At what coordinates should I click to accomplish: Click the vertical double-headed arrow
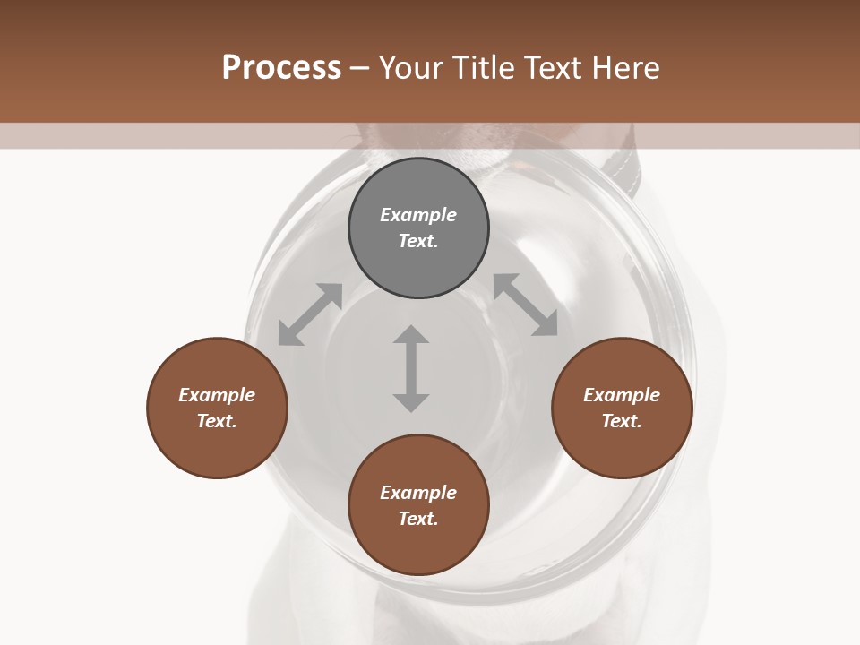pyautogui.click(x=411, y=368)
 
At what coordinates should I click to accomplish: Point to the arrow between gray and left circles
pyautogui.click(x=310, y=314)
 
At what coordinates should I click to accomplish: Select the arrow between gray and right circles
pyautogui.click(x=525, y=305)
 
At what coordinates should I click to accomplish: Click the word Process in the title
pyautogui.click(x=281, y=67)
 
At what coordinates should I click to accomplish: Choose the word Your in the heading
pyautogui.click(x=412, y=67)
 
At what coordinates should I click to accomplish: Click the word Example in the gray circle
pyautogui.click(x=418, y=215)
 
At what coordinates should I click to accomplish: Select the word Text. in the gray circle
pyautogui.click(x=418, y=241)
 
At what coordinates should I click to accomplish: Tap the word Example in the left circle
pyautogui.click(x=217, y=395)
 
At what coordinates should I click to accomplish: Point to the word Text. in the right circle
pyautogui.click(x=622, y=421)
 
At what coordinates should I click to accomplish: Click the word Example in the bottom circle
pyautogui.click(x=418, y=493)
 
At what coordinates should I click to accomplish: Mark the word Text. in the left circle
pyautogui.click(x=217, y=421)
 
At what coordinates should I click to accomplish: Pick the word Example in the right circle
pyautogui.click(x=622, y=395)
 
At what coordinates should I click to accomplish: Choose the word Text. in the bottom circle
pyautogui.click(x=418, y=519)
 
